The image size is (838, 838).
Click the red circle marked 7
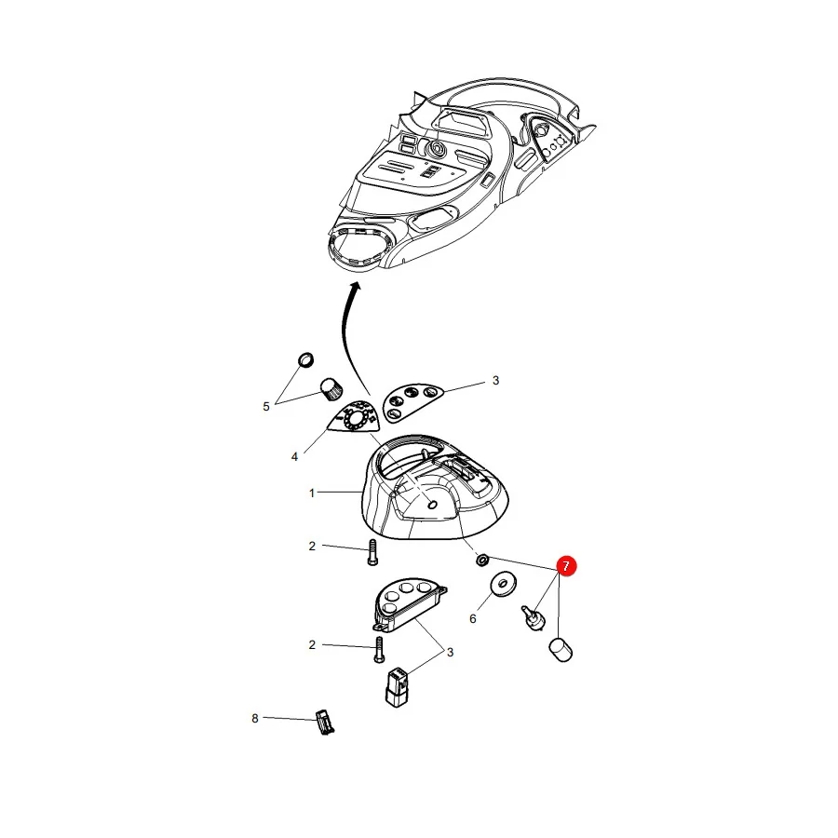[566, 565]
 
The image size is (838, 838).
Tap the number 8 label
[255, 718]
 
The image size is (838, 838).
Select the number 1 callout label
[312, 493]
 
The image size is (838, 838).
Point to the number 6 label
[472, 618]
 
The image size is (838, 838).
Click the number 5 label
[266, 407]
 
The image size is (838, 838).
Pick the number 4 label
[294, 457]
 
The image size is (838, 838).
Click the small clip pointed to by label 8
[325, 722]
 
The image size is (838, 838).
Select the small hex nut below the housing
[482, 561]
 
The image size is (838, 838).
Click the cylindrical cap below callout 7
[561, 649]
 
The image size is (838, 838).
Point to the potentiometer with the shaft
[534, 618]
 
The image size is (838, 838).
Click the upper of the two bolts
[372, 552]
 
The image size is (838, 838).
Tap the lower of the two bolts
[380, 650]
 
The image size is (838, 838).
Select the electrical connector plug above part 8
[398, 687]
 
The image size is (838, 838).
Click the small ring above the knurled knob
[305, 359]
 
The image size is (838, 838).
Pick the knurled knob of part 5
[331, 389]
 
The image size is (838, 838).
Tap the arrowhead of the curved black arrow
[356, 287]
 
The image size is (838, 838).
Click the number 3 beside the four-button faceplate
[495, 381]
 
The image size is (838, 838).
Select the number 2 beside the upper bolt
[312, 547]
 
